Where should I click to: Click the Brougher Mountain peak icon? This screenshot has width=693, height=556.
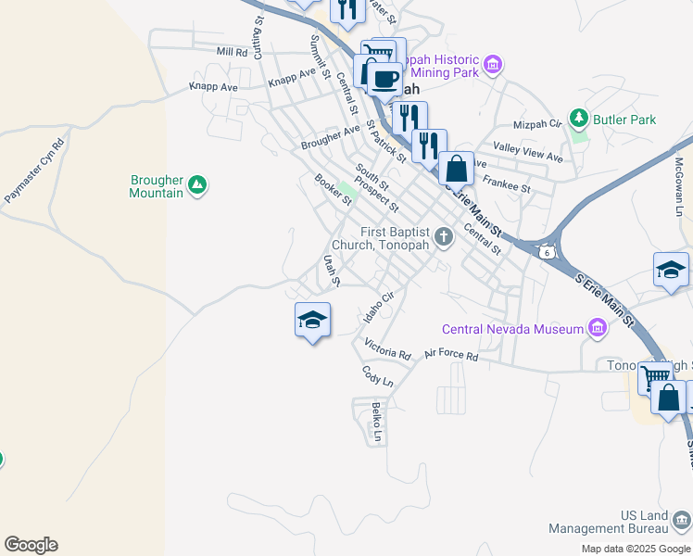(196, 185)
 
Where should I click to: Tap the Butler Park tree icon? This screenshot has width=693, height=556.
(579, 119)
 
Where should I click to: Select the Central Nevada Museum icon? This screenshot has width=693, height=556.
(598, 329)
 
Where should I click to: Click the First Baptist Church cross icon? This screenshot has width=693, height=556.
(444, 237)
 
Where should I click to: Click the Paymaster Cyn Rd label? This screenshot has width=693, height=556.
(34, 171)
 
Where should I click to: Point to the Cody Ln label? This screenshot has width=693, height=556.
(377, 376)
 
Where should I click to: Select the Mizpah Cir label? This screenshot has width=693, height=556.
(537, 123)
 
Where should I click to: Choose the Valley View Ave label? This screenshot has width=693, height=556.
(528, 152)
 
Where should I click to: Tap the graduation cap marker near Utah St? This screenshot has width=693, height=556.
(312, 321)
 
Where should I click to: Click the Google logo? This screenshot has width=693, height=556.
(31, 545)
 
